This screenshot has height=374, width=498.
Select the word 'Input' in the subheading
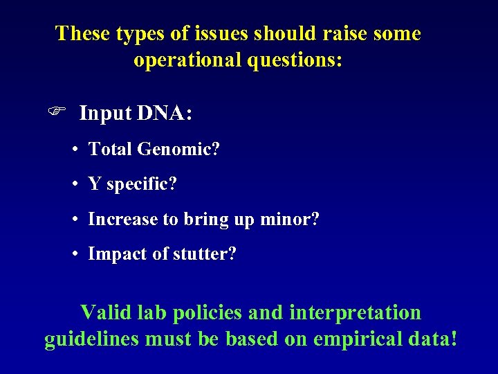click(104, 113)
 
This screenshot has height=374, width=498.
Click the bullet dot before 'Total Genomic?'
click(73, 149)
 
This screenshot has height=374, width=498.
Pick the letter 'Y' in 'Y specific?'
click(94, 184)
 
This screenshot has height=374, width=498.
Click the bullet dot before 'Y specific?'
click(73, 184)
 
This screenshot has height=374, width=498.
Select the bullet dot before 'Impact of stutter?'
click(73, 254)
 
